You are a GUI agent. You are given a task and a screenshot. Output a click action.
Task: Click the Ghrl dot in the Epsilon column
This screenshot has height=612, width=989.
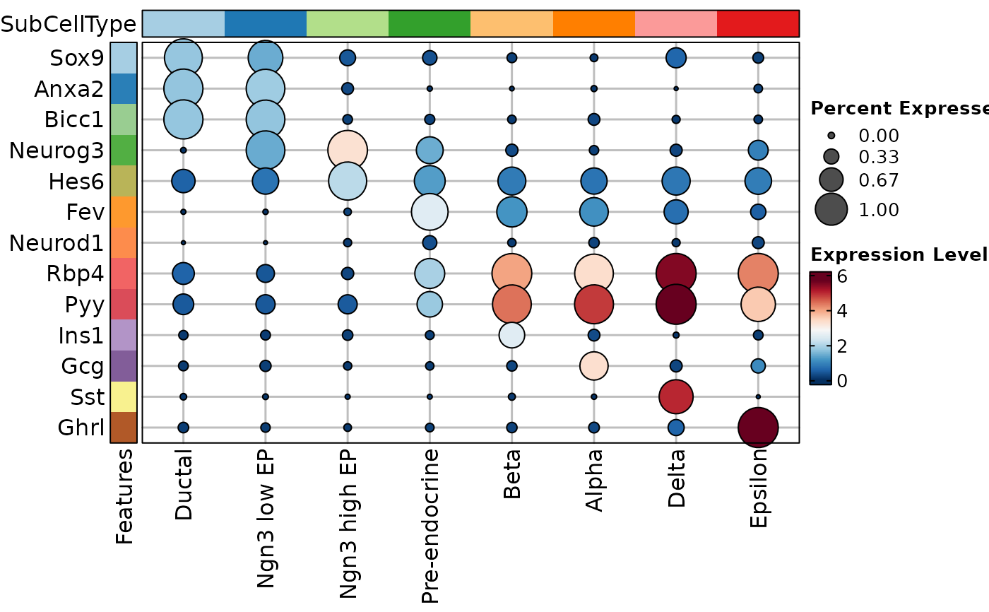point(758,427)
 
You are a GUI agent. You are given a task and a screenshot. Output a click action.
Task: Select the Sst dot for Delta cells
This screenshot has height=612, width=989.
point(676,396)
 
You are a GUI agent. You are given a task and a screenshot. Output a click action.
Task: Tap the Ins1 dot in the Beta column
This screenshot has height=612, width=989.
point(511,335)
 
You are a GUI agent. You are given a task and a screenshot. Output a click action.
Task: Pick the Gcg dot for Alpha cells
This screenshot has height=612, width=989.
point(594,365)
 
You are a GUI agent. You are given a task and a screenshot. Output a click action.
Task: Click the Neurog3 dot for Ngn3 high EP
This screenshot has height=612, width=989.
point(348,150)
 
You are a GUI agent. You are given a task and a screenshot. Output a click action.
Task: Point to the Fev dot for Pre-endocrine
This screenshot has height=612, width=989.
point(430,211)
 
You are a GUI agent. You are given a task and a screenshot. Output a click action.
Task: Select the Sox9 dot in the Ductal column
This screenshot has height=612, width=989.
point(183,58)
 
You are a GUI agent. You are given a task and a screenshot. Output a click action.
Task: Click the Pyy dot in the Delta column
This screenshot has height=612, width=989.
point(676,304)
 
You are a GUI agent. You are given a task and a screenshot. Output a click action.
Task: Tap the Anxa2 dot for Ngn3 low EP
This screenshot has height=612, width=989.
point(266,88)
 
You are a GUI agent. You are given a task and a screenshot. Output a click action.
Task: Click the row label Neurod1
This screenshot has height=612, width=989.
point(56,243)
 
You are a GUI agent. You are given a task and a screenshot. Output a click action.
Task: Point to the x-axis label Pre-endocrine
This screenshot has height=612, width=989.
point(430,525)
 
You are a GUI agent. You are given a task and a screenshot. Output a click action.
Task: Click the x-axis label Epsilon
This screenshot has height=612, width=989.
point(758,495)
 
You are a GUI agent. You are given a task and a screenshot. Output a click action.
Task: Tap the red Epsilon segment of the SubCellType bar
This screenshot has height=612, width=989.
point(758,23)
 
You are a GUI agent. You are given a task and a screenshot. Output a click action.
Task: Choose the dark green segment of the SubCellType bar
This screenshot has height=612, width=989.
point(430,23)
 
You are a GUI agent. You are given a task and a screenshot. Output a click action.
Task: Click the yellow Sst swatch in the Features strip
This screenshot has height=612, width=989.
point(123,396)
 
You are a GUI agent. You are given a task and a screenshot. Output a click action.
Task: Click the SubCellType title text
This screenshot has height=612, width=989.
point(68,25)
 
